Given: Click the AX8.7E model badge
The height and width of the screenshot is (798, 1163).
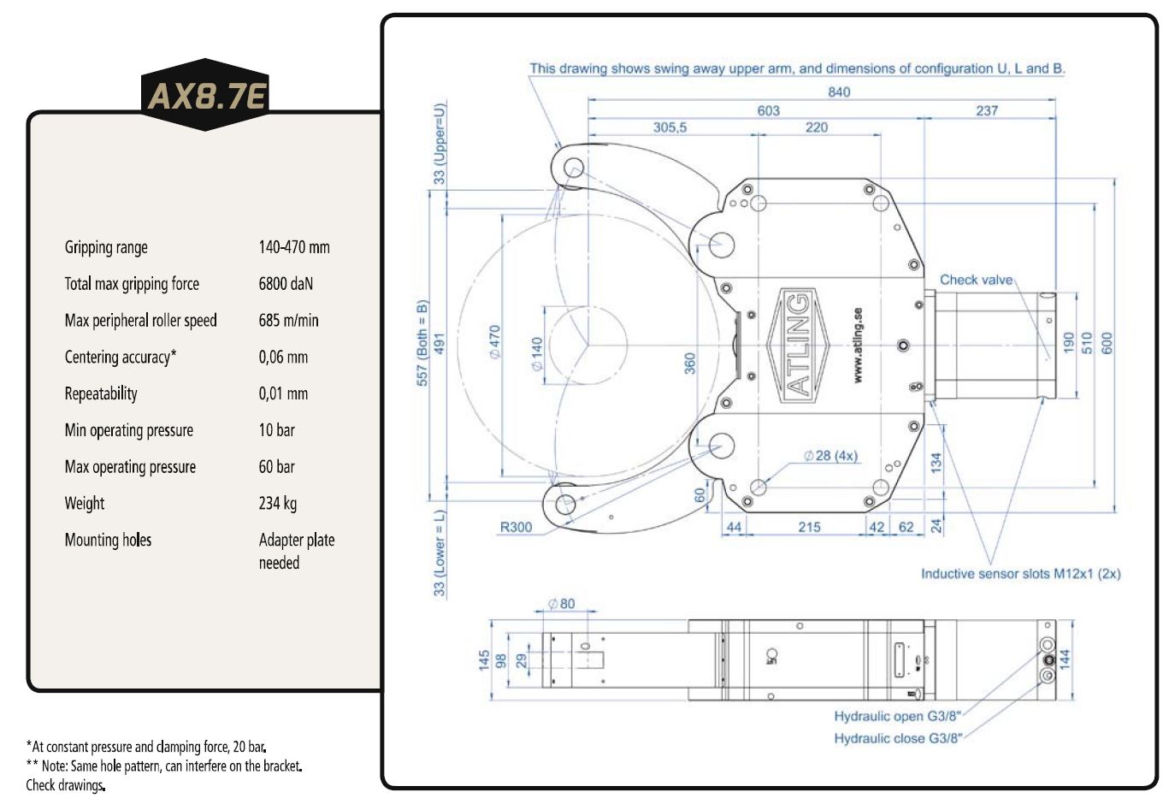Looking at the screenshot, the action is [205, 95].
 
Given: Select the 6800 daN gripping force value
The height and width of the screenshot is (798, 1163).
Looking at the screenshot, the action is [286, 283].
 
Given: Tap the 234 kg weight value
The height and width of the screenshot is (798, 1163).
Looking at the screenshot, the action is [278, 503].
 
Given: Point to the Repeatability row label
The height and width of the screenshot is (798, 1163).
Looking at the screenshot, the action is [101, 393].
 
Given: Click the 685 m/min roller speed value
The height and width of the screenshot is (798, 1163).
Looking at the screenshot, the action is [289, 321].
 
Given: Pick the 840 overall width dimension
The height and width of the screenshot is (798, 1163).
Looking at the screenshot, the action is [839, 92].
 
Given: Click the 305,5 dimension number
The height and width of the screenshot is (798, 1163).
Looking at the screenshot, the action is [670, 127].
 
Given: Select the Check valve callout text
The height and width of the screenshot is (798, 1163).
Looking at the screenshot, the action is [976, 280].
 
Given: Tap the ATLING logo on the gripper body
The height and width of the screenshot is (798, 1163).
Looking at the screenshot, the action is [798, 346].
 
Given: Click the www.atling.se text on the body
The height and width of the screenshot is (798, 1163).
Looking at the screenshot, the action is [858, 346].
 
